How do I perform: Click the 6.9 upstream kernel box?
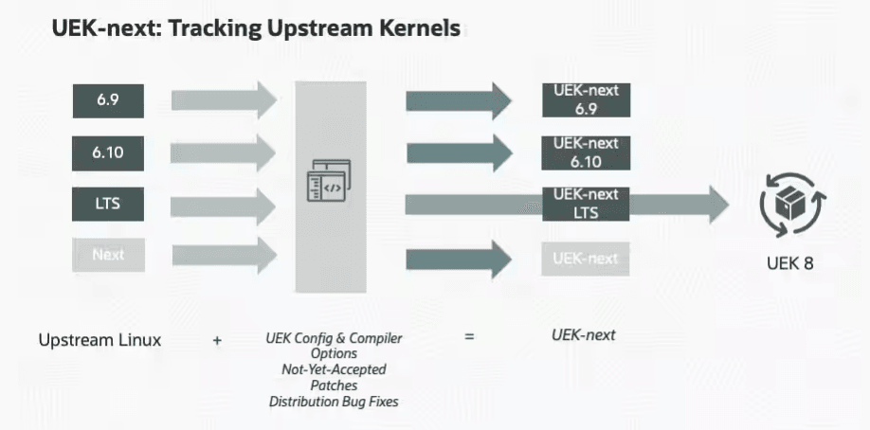coord(108,101)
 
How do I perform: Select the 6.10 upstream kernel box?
coord(108,153)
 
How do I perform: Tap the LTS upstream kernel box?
coord(108,205)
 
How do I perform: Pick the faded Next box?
coord(108,255)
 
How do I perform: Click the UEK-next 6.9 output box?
coord(586,99)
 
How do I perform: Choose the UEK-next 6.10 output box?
coord(586,152)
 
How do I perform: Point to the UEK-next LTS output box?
coord(586,204)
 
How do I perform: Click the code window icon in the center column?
coord(329,180)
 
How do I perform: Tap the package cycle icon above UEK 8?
coord(792,205)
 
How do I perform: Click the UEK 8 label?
coord(790,263)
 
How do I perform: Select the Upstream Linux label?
coord(100,340)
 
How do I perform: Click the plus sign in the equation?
coord(217,340)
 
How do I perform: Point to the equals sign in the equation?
coord(469,335)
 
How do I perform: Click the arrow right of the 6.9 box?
coord(225,99)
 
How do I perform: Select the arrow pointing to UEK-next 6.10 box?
coord(460,152)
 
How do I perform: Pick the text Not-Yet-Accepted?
coord(334,369)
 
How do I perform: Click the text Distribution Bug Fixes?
coord(334,402)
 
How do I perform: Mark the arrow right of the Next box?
coord(225,255)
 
